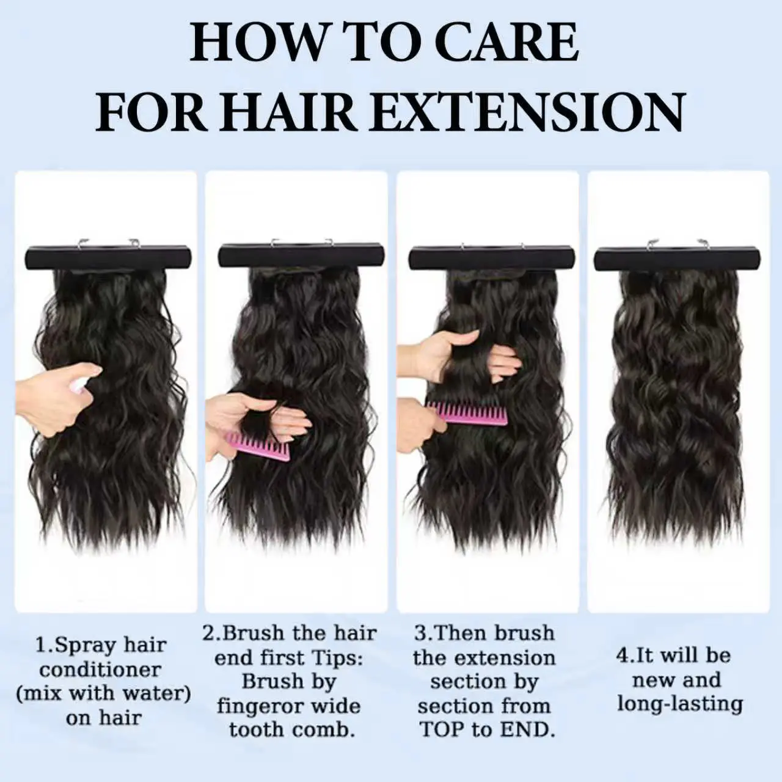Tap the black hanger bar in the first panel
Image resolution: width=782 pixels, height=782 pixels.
108,257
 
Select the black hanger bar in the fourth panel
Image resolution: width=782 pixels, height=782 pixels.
677,259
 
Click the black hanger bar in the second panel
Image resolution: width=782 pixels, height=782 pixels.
301,255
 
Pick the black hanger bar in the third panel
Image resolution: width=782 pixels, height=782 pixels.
491,257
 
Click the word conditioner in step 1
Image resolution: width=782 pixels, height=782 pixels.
100,670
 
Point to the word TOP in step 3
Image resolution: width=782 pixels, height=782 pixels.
442,730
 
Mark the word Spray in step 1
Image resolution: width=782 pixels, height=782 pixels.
82,646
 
